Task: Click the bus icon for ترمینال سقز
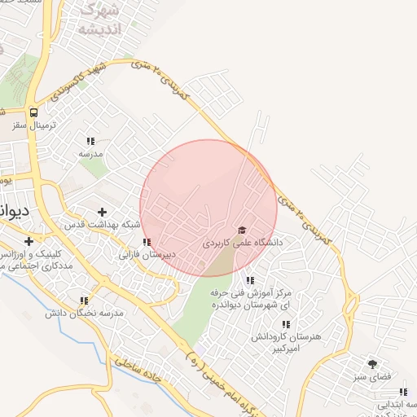tap(33, 113)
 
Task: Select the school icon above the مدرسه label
tap(90, 141)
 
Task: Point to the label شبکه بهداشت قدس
tap(103, 224)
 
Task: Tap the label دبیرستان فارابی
tap(147, 254)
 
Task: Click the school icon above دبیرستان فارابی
tap(147, 242)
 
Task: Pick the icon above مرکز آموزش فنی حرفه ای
tap(250, 280)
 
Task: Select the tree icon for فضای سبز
tap(373, 364)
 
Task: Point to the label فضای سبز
tap(373, 377)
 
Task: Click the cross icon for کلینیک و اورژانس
tap(29, 241)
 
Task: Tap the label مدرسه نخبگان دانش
tap(84, 313)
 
